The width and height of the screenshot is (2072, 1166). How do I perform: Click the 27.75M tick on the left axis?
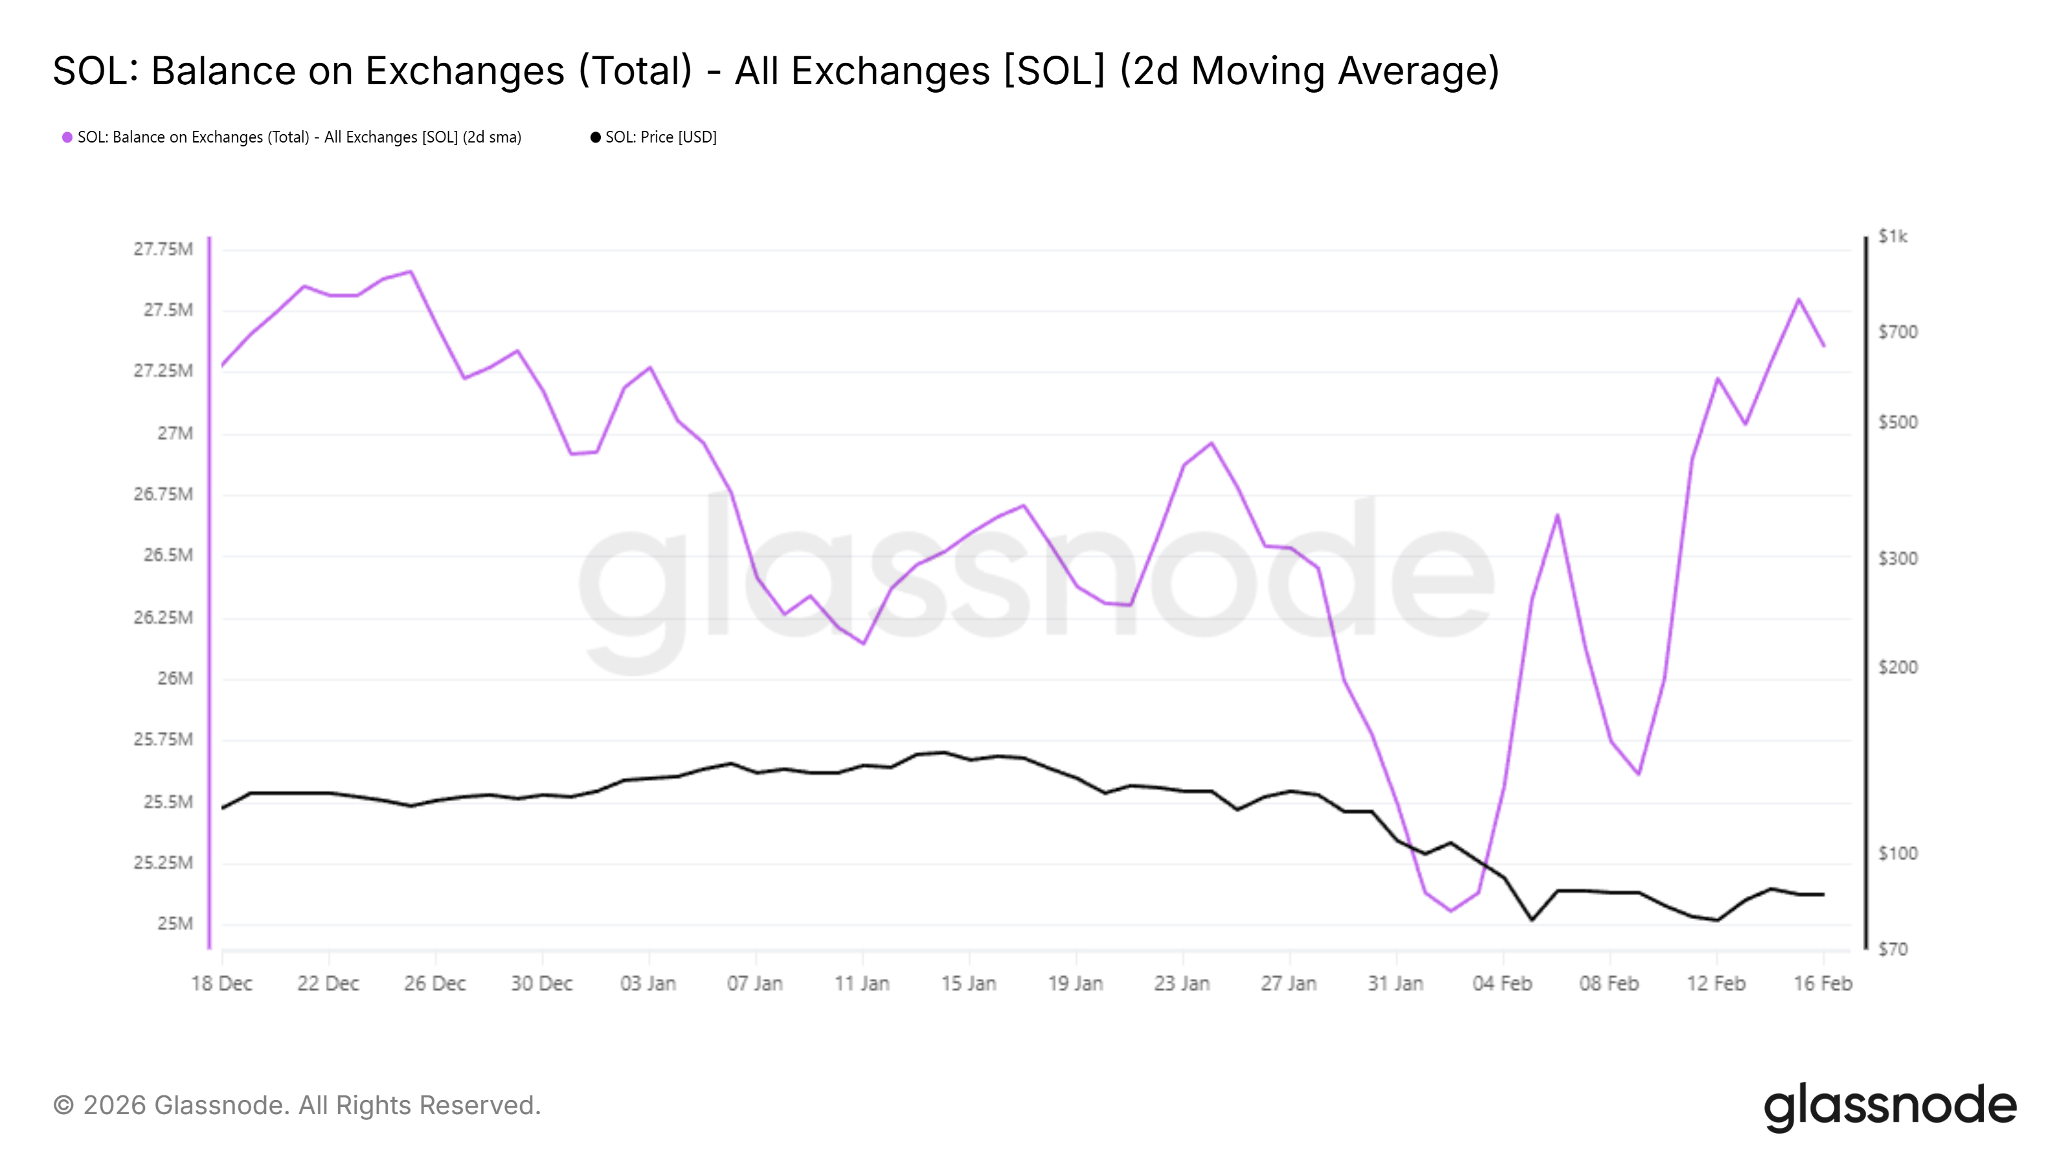point(163,249)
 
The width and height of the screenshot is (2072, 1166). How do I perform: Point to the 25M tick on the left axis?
point(175,924)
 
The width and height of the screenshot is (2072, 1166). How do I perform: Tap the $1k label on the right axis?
point(1892,236)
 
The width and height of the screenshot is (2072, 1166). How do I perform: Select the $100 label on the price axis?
point(1897,854)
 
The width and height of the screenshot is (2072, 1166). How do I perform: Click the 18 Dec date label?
point(221,983)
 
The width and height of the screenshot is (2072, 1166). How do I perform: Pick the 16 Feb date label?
point(1822,983)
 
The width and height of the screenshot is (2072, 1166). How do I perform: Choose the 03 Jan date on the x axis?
point(647,983)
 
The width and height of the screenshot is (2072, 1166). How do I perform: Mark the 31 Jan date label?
point(1395,983)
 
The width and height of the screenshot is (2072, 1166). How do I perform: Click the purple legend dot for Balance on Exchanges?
point(67,137)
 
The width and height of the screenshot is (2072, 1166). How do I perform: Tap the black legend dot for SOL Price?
point(595,137)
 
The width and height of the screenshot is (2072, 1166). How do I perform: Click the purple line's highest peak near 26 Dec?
point(411,271)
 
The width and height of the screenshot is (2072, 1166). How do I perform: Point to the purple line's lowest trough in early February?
point(1451,911)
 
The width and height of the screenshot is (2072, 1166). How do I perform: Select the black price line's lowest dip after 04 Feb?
point(1531,920)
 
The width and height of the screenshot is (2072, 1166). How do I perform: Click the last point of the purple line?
point(1823,346)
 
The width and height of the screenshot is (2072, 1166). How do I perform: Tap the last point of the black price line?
point(1823,894)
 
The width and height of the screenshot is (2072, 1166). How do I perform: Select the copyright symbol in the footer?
point(63,1106)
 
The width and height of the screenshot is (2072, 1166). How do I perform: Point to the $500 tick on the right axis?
point(1897,422)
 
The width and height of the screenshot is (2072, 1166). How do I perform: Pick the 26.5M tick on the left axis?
point(168,555)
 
